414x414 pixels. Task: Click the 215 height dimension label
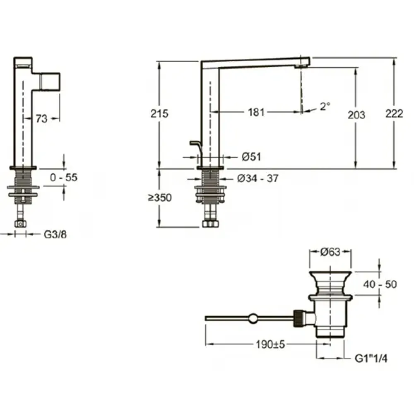click(x=159, y=113)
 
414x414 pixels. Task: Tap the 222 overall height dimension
click(x=394, y=113)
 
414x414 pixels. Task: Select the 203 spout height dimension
click(x=356, y=115)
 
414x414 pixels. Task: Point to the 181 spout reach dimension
click(x=256, y=112)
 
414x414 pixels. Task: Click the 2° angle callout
click(x=325, y=106)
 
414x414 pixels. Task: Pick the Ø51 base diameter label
click(x=251, y=157)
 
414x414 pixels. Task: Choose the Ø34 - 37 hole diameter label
click(x=258, y=178)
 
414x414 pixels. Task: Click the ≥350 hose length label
click(x=160, y=197)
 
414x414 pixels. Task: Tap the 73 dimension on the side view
click(x=41, y=119)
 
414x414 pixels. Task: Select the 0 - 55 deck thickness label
click(x=64, y=178)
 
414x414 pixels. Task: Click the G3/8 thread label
click(x=55, y=234)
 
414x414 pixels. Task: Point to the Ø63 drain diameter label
click(x=330, y=252)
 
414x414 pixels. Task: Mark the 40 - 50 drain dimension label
click(x=380, y=284)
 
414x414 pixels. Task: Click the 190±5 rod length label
click(x=270, y=344)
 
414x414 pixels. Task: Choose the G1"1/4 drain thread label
click(x=371, y=359)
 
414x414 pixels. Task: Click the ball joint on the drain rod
click(x=253, y=318)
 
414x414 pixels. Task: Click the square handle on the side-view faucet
click(x=50, y=81)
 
